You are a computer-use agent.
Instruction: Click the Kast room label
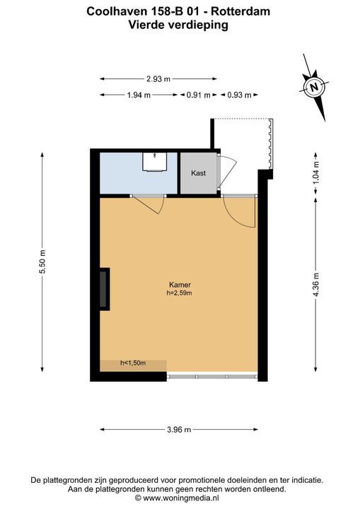tap(198, 173)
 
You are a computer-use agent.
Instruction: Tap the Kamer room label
tap(180, 285)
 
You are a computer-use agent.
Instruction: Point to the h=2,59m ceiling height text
tap(180, 293)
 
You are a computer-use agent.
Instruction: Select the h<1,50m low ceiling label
tap(133, 363)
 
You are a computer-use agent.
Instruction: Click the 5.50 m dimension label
tap(42, 262)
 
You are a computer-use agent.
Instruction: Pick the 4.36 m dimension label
tap(316, 285)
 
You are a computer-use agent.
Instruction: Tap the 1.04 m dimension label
tap(316, 172)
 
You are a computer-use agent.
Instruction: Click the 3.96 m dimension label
tap(179, 430)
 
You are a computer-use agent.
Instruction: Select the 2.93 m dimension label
tap(158, 79)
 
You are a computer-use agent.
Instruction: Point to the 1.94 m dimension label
tap(139, 95)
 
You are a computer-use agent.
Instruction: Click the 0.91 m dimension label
tap(198, 95)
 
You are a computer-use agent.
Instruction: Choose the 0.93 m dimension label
tap(240, 95)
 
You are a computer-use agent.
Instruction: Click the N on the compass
tap(313, 87)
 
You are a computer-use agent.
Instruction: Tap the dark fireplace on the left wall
tap(104, 289)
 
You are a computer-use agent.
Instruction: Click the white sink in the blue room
tap(155, 161)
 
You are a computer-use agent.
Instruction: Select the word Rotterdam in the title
tap(240, 12)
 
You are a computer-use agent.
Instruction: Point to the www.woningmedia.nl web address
tap(181, 498)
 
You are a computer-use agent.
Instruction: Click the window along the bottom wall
tap(212, 377)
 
